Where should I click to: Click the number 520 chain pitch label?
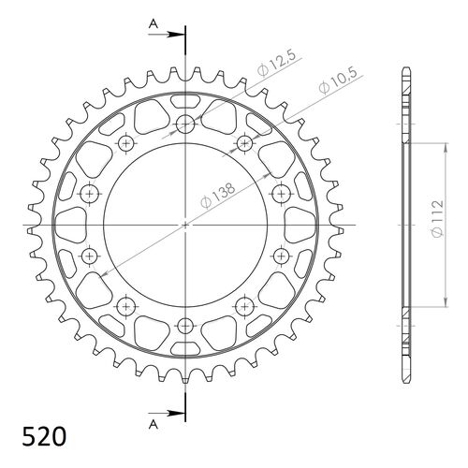point(43,437)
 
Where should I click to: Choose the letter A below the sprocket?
point(153,424)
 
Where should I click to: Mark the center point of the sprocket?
point(185,226)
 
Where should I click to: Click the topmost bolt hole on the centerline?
point(185,125)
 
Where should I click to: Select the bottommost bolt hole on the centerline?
point(185,326)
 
